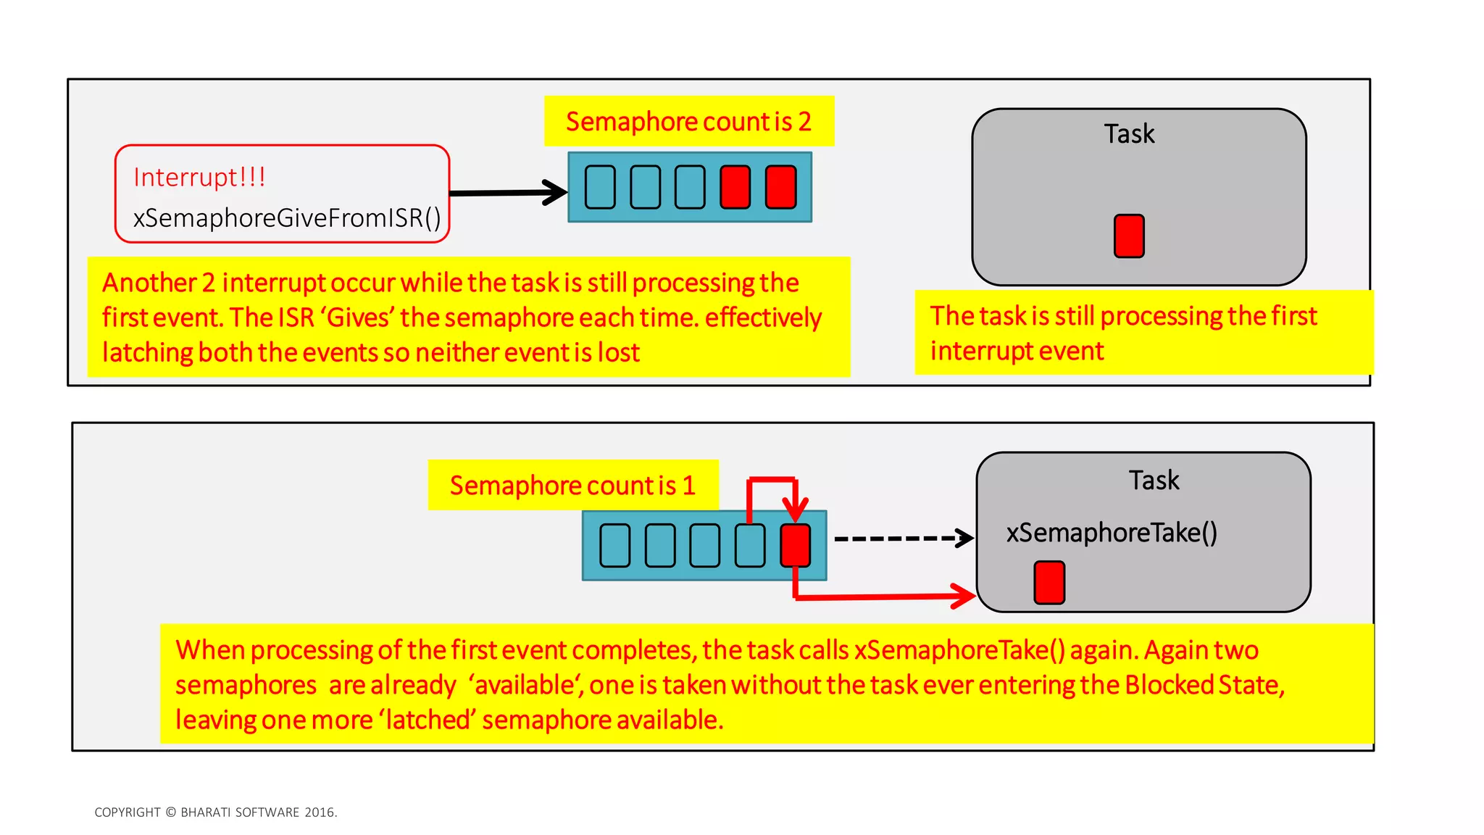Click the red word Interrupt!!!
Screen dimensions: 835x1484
(x=199, y=177)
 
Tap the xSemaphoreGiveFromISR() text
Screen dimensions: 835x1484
(x=287, y=217)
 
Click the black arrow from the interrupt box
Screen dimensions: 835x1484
(x=507, y=193)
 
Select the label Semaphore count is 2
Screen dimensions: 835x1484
(x=688, y=122)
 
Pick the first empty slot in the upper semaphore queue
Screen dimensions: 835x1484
(x=600, y=187)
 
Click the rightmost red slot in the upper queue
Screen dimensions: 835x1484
(x=780, y=187)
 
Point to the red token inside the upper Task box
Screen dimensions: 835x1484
(x=1129, y=236)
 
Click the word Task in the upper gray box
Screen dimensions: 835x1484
(x=1129, y=134)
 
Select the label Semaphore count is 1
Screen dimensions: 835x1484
(x=572, y=485)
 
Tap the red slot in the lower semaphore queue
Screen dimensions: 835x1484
(x=795, y=545)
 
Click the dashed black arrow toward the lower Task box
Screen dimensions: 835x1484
(x=902, y=539)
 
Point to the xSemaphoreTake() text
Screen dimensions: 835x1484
(x=1112, y=533)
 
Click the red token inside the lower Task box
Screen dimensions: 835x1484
(x=1049, y=582)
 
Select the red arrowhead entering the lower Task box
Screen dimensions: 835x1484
(x=964, y=596)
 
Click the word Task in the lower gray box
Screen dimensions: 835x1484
(x=1154, y=481)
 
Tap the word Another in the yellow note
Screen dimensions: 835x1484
(x=149, y=283)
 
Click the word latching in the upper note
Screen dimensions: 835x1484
(x=147, y=352)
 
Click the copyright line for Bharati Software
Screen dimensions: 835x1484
(x=216, y=813)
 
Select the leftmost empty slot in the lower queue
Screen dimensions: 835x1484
(x=615, y=545)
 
